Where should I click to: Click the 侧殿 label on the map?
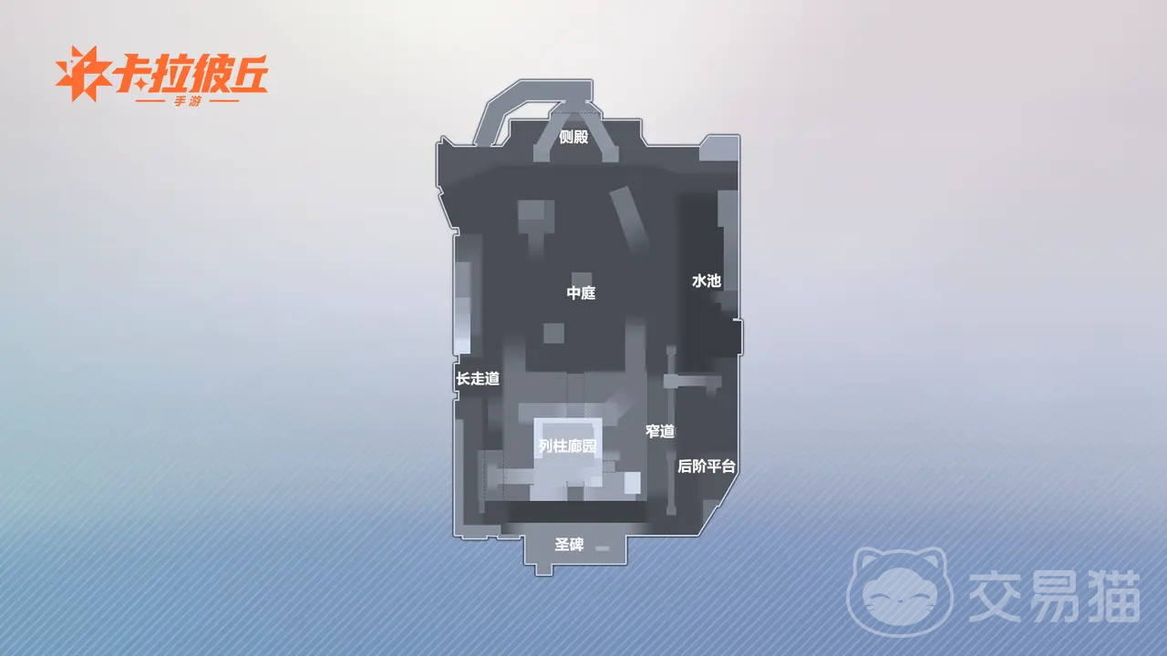(x=573, y=137)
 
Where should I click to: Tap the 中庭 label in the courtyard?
(x=581, y=292)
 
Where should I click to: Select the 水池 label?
(x=707, y=282)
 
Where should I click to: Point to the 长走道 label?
(x=478, y=378)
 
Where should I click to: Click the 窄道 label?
(x=660, y=431)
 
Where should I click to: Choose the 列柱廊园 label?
(x=567, y=446)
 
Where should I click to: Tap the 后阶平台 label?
(x=706, y=466)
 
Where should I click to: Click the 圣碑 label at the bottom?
(x=569, y=545)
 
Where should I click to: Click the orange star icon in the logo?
(x=82, y=74)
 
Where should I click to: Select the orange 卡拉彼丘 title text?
(x=191, y=74)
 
